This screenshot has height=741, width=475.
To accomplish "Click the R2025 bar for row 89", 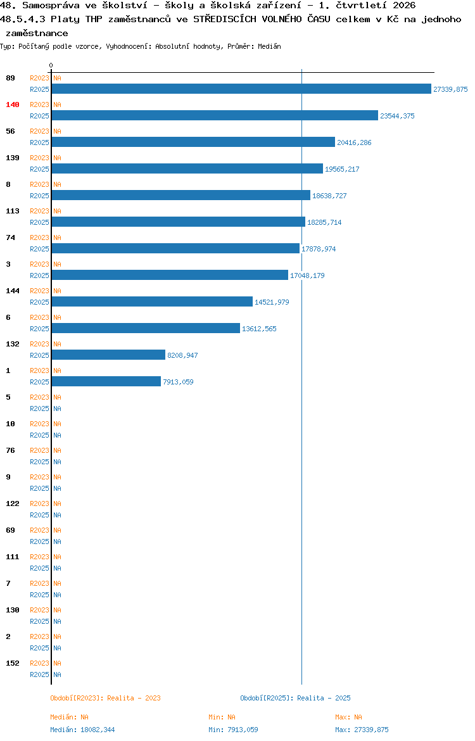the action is (x=241, y=89).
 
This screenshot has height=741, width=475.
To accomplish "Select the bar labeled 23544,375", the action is (x=215, y=115).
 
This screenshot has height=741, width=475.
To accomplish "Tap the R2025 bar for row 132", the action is (x=109, y=355).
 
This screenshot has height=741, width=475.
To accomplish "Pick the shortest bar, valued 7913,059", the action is (x=106, y=381).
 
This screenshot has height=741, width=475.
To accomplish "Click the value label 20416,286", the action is (x=354, y=142).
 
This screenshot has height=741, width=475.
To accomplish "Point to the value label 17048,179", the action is (x=307, y=275).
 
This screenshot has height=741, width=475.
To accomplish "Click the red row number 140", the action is (x=13, y=104).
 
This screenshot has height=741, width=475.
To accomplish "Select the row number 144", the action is (x=13, y=291).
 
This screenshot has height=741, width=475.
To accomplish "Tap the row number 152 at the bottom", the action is (x=13, y=663).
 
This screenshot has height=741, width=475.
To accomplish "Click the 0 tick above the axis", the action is (x=51, y=65).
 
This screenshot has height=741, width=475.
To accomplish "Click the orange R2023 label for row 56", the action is (x=39, y=131).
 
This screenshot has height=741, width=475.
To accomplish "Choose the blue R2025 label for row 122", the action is (x=39, y=515).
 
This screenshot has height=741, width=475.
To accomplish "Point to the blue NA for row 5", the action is (x=57, y=408).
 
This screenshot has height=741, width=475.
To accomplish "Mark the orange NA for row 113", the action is (x=57, y=211).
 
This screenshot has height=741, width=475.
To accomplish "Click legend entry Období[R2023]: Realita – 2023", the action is (x=105, y=698).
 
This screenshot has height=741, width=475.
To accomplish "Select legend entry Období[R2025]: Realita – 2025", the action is (x=295, y=698).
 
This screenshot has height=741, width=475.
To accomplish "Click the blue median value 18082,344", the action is (x=98, y=730).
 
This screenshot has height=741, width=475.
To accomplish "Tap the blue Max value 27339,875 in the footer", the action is (x=372, y=730).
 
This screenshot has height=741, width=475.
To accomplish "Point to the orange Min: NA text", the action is (x=222, y=717).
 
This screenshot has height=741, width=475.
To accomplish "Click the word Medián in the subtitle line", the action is (x=269, y=46).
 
